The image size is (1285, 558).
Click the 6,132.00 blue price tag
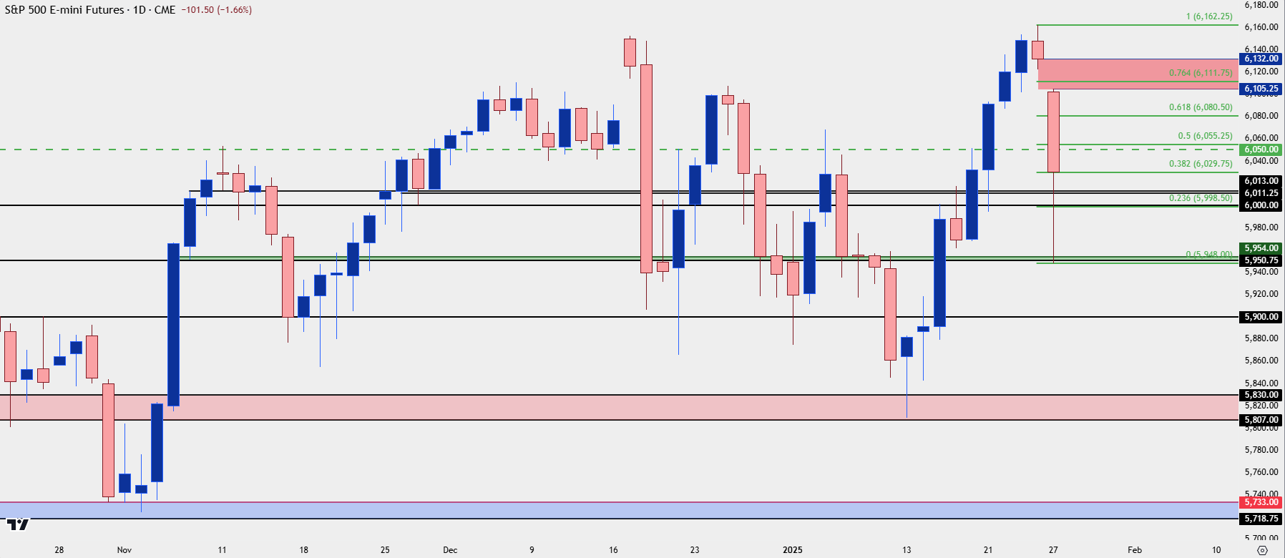pos(1261,59)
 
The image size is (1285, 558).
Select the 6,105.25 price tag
pos(1261,89)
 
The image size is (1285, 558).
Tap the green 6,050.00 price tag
pos(1261,150)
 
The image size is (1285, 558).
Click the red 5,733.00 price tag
pos(1261,502)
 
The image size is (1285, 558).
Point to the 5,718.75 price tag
pos(1261,519)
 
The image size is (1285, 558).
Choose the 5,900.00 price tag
pos(1261,317)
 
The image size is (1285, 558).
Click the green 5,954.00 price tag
pos(1261,248)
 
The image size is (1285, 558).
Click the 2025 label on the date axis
pos(792,550)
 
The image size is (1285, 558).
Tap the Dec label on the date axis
pos(450,550)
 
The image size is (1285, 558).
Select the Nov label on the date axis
pos(124,550)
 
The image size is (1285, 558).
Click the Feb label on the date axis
pos(1135,550)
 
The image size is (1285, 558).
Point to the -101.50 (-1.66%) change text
pos(216,10)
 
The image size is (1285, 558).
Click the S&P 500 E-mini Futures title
pos(64,10)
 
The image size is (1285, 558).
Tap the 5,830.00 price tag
pos(1261,395)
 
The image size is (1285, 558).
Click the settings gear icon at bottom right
pos(1262,550)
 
